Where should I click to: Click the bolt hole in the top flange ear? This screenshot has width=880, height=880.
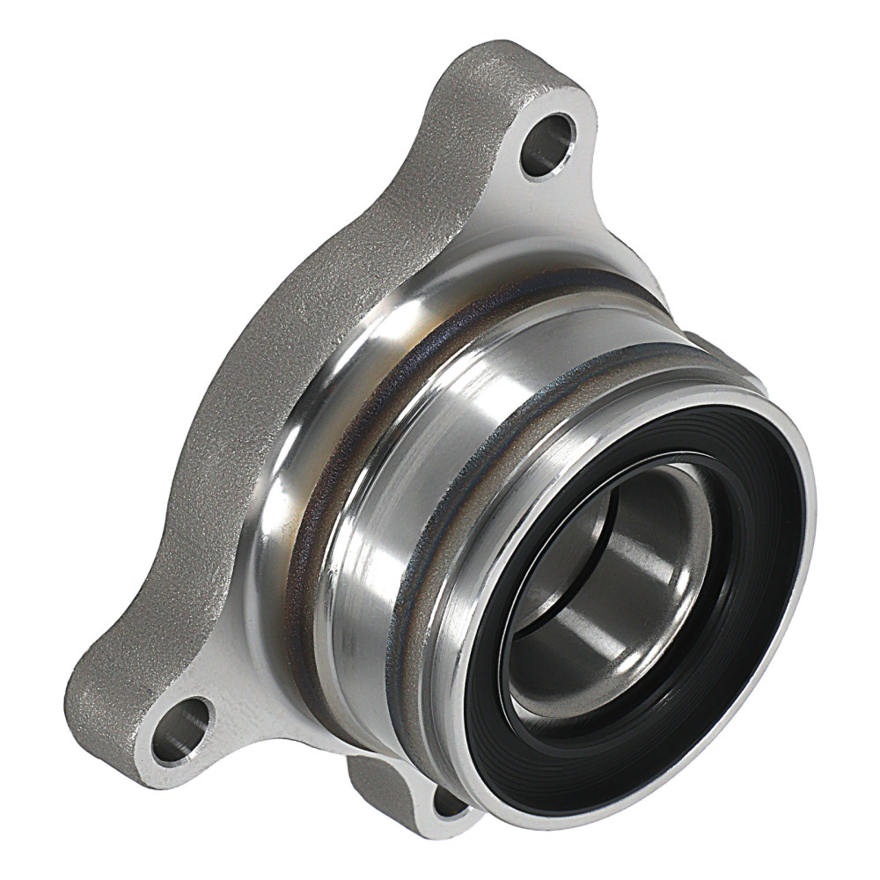(547, 143)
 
